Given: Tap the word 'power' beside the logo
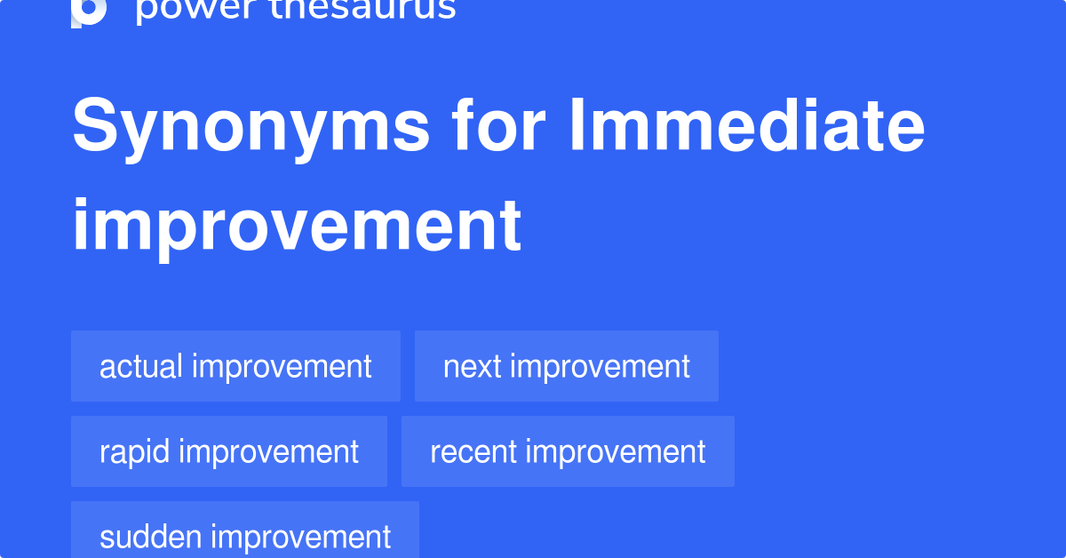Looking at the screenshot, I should [x=182, y=9].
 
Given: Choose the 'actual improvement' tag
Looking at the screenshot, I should [x=235, y=366].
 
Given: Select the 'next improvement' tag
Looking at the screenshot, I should [x=567, y=366].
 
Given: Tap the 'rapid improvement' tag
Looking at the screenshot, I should [x=229, y=451].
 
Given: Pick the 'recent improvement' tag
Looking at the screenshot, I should [x=568, y=451].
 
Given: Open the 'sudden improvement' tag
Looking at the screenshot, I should [x=245, y=536].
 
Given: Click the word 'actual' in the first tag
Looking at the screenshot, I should [x=140, y=366].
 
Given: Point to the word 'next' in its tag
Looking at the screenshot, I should [x=473, y=366].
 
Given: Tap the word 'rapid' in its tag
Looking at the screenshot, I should [x=134, y=451].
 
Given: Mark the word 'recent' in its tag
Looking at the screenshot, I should [x=473, y=451].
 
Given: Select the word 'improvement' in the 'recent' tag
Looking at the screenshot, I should [x=616, y=451].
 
